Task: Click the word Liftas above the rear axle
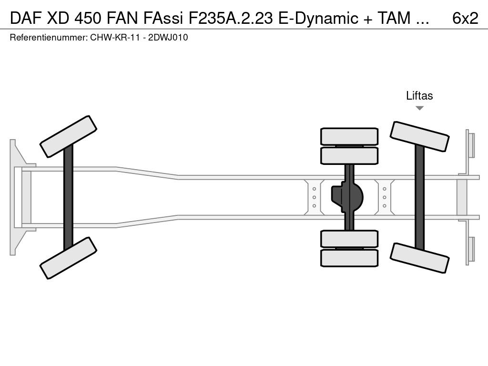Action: click(419, 96)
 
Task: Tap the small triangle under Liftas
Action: click(419, 108)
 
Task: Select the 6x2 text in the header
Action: click(465, 18)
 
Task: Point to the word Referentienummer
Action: click(46, 38)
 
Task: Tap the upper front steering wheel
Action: click(69, 136)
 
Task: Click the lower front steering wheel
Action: click(69, 258)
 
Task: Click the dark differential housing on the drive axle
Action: click(348, 196)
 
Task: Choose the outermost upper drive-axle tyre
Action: click(349, 136)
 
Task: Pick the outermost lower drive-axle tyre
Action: click(349, 258)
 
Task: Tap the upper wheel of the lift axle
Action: click(419, 137)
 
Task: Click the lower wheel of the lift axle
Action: click(419, 257)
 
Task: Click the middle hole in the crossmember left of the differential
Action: click(315, 197)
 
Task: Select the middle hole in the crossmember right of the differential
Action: click(385, 197)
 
